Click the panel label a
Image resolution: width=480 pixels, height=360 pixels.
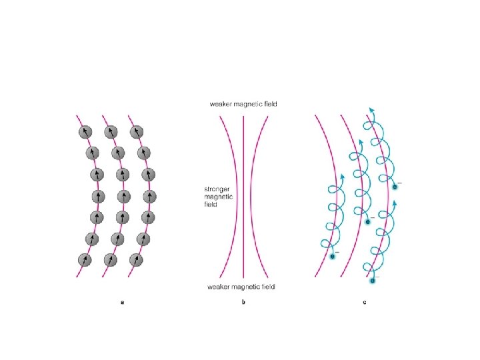coord(122,303)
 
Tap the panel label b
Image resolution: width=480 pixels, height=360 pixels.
coord(243,303)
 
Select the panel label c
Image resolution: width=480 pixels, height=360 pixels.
coord(364,303)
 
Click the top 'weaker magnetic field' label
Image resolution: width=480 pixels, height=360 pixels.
coord(243,104)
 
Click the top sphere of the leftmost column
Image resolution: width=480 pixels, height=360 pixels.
coord(85,132)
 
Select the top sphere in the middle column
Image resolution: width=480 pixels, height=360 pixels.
coord(111,132)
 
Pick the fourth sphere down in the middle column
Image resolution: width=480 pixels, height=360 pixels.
coord(123,197)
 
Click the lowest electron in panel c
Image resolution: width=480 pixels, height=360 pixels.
coord(373,281)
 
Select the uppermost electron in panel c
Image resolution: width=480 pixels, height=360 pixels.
coord(395,187)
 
